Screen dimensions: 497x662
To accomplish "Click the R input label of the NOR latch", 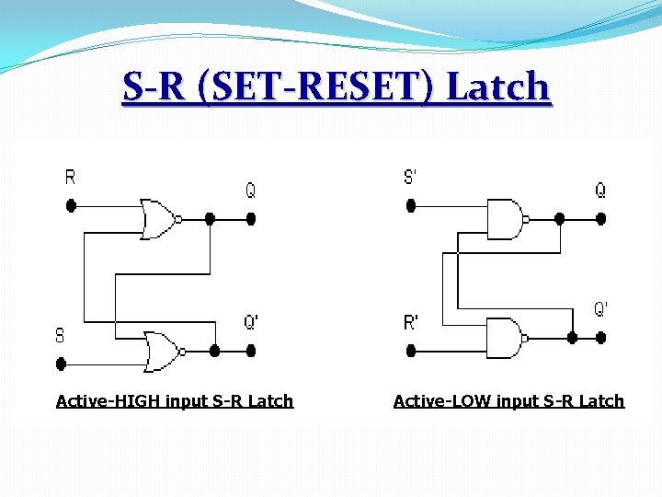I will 71,178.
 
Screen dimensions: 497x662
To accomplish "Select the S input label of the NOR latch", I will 60,335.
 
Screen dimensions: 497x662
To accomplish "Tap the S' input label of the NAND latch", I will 410,177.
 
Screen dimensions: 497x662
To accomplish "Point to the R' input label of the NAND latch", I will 410,322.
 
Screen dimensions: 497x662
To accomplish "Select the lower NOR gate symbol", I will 162,351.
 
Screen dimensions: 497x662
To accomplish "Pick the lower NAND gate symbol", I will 504,337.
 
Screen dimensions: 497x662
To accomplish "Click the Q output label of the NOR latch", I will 250,190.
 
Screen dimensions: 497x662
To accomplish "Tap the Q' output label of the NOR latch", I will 251,322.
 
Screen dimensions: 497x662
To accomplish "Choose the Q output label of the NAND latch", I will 600,190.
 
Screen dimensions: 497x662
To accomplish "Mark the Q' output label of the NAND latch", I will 600,308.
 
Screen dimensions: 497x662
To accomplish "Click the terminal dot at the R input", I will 71,206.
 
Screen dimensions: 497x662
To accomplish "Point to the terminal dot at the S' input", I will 411,206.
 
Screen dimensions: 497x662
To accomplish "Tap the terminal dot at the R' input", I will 411,351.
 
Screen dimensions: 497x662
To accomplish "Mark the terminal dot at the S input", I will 61,364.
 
